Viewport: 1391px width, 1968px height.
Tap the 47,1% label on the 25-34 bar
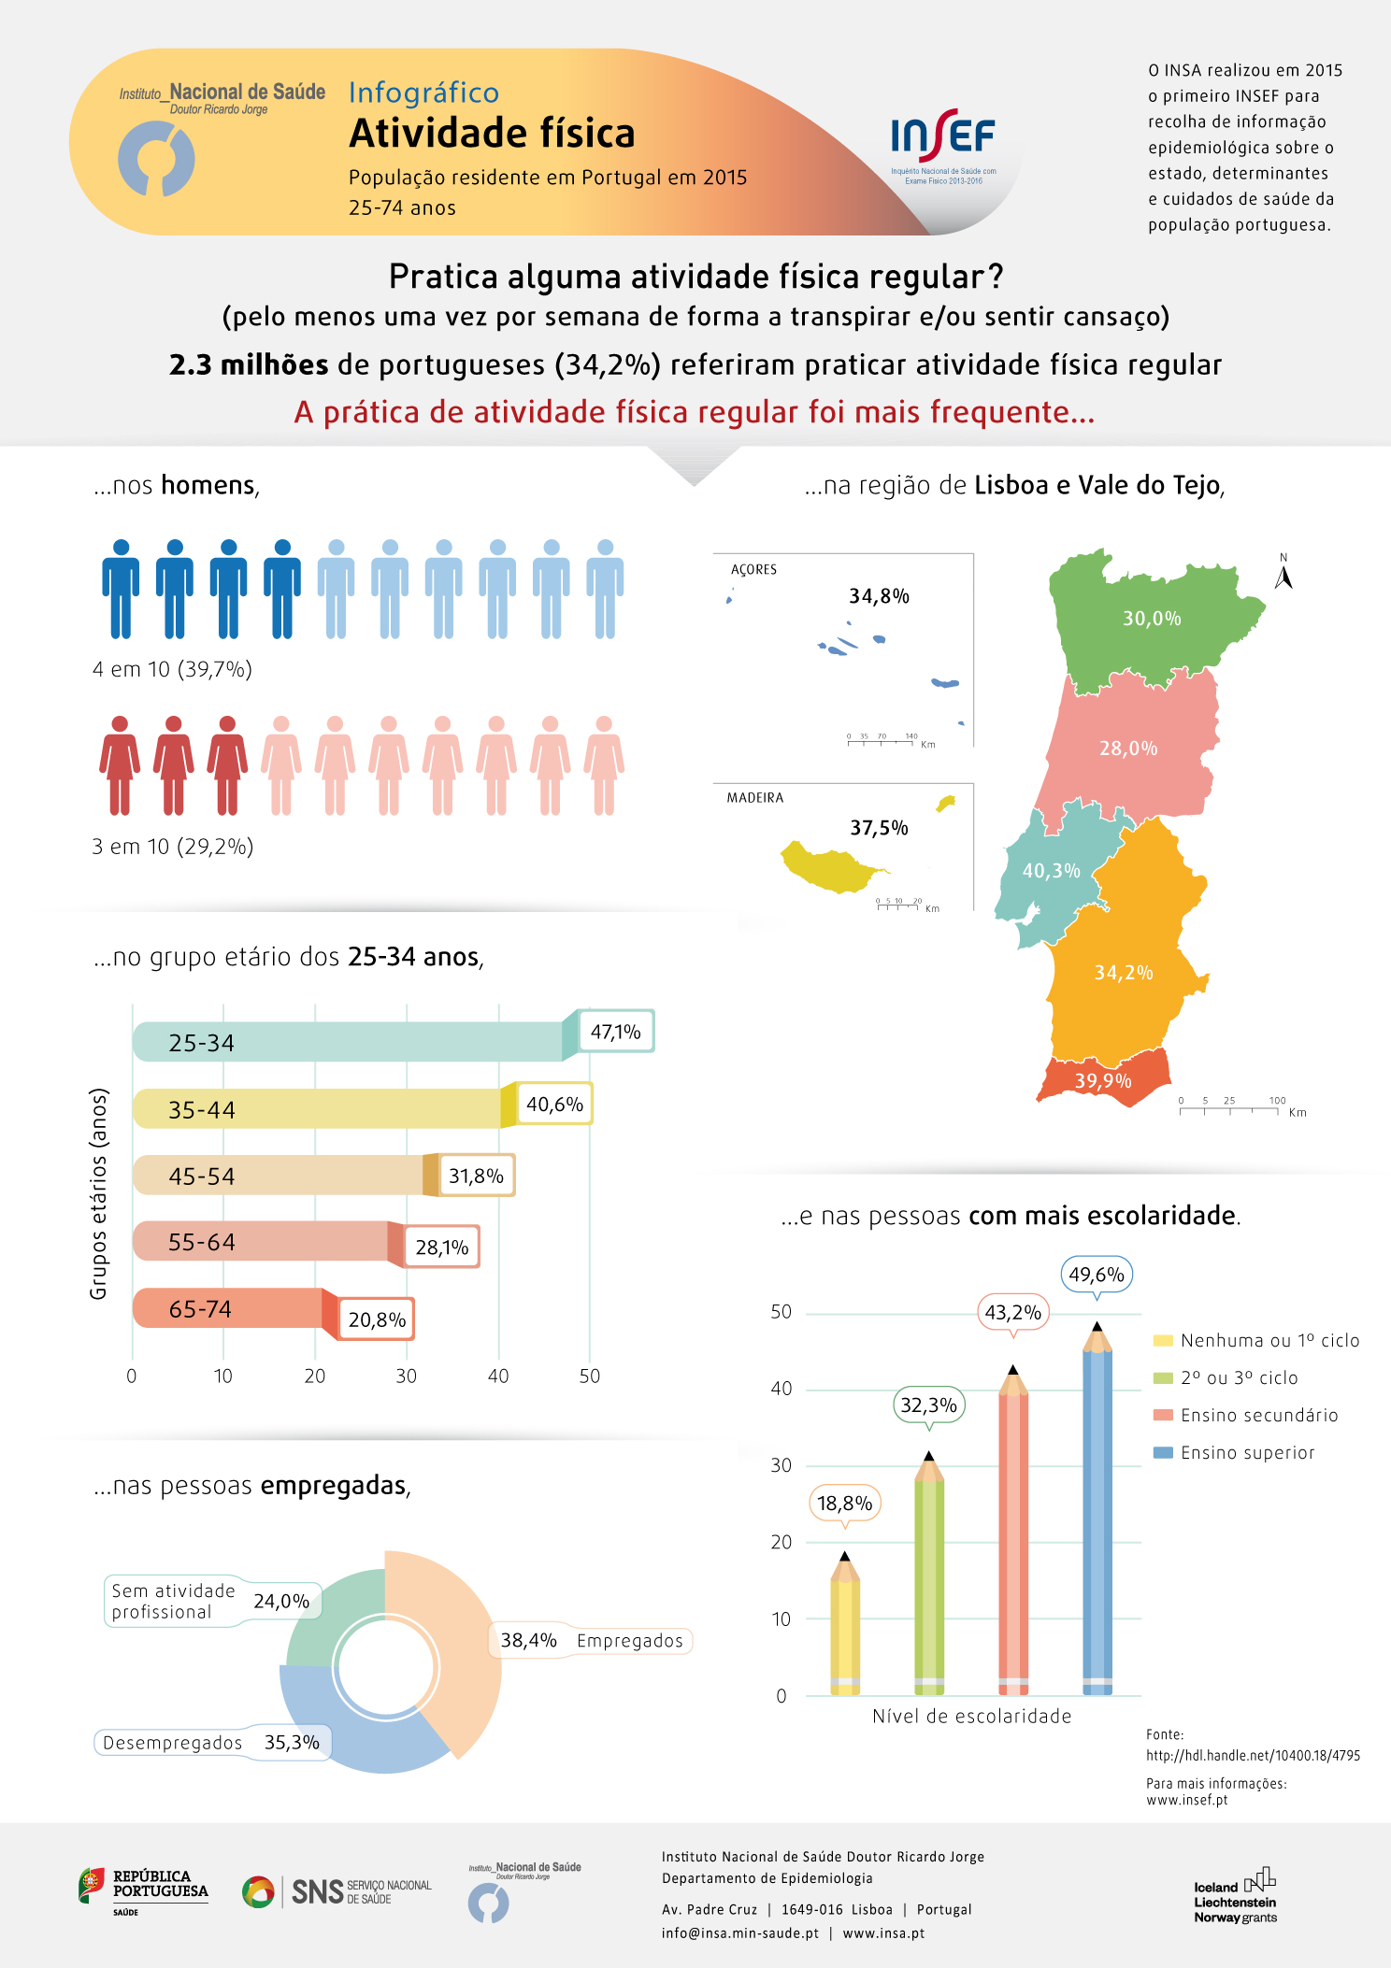click(616, 1032)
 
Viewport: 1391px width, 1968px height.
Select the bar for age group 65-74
click(234, 1308)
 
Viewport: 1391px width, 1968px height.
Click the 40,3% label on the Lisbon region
click(1051, 871)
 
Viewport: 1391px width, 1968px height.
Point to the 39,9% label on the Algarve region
click(1103, 1081)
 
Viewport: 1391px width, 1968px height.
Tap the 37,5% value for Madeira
click(879, 828)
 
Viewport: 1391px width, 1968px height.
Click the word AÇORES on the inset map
click(753, 570)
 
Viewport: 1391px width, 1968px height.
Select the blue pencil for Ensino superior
click(1097, 1514)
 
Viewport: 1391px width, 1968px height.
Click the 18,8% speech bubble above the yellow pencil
click(845, 1503)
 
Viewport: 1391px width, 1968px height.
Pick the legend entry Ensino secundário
click(1258, 1415)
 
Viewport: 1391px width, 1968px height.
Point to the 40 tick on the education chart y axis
click(782, 1389)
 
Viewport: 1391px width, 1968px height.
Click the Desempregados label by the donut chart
click(173, 1743)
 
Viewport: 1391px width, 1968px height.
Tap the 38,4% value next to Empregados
click(528, 1641)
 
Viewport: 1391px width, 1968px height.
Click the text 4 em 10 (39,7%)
click(172, 669)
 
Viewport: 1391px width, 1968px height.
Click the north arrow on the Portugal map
click(1283, 575)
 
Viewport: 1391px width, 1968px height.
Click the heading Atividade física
click(492, 134)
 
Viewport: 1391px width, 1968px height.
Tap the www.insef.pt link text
click(1187, 1800)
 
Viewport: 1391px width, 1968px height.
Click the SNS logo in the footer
click(337, 1891)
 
